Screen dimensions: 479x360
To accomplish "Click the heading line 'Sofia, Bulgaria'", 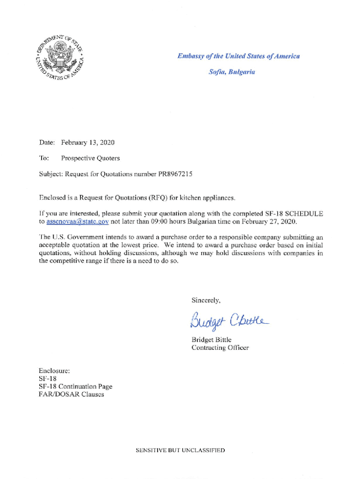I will (x=232, y=73).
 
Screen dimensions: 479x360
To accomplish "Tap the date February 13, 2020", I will (x=88, y=142).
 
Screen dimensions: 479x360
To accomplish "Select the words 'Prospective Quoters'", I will (x=90, y=158).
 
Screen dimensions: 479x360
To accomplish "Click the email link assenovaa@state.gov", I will (x=78, y=221).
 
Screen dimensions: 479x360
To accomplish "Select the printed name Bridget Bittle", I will (x=211, y=340).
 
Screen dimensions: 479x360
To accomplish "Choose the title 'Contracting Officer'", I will (x=220, y=348).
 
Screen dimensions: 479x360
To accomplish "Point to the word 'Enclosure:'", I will (x=54, y=371).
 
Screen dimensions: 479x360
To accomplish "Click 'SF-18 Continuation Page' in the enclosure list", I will (x=75, y=386).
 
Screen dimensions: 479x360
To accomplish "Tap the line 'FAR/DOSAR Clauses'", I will (x=72, y=394).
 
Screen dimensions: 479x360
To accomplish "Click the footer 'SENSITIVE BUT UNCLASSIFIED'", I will (x=180, y=450).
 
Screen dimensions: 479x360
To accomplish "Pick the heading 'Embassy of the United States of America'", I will (x=238, y=56).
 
